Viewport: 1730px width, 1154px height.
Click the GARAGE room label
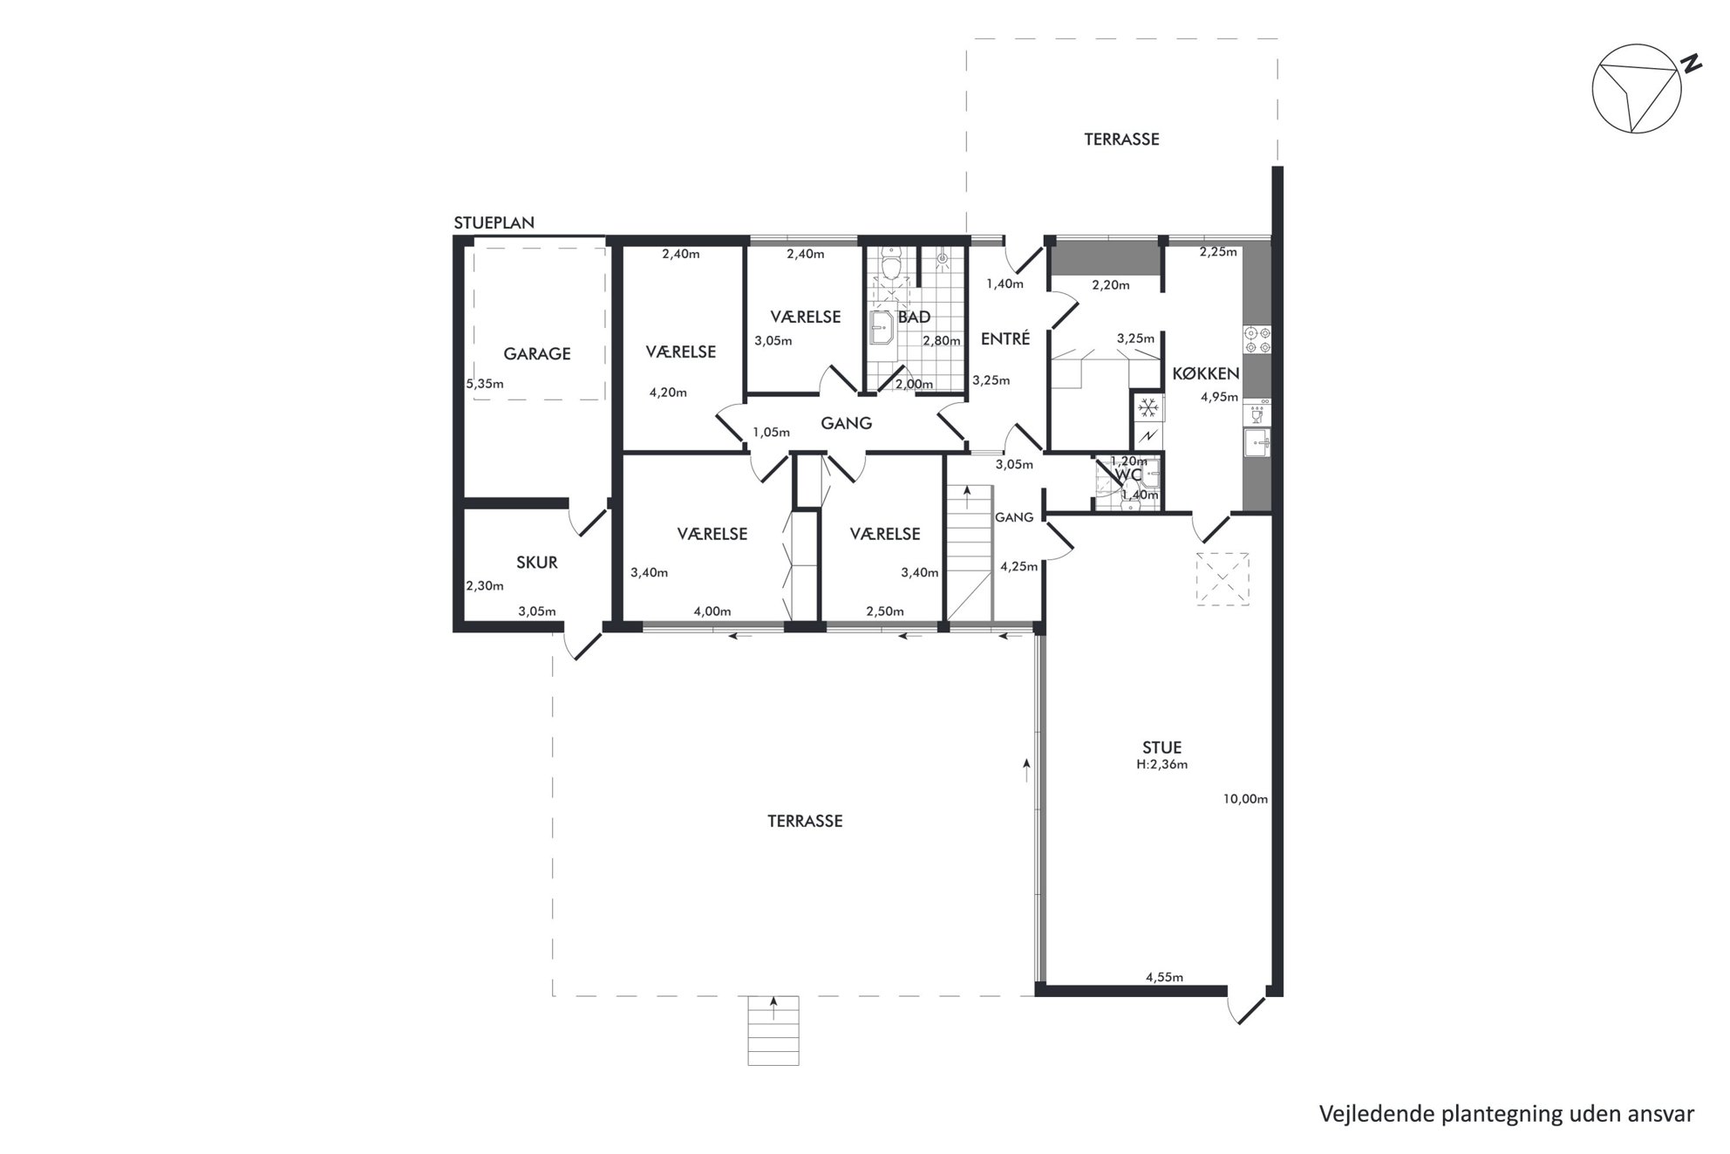tap(537, 353)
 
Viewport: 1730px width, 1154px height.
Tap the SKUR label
tap(537, 563)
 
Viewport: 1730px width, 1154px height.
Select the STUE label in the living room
tap(1162, 748)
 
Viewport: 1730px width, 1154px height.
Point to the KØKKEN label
tap(1206, 373)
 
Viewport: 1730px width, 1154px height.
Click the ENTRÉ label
tap(1005, 338)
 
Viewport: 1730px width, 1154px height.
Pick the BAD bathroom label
tap(914, 318)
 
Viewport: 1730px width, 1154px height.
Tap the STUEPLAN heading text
tap(494, 223)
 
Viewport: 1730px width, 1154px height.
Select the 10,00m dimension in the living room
tap(1245, 799)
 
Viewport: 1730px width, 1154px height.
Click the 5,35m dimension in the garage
tap(485, 383)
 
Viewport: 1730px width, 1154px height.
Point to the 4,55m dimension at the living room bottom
tap(1164, 977)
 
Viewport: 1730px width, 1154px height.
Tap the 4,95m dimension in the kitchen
tap(1219, 396)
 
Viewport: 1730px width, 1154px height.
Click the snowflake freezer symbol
tap(1148, 406)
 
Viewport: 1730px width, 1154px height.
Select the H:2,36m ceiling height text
tap(1161, 765)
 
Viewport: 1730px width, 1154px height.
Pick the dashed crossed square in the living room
tap(1223, 579)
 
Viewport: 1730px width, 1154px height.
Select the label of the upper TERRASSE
tap(1121, 140)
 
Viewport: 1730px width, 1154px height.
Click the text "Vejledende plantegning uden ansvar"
tap(1507, 1114)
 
